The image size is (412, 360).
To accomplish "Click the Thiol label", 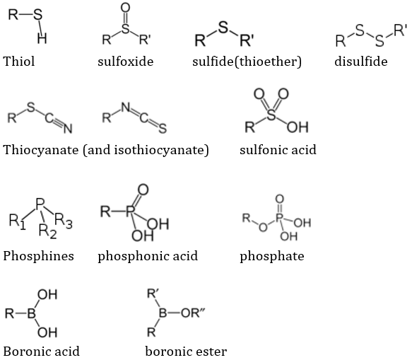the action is [19, 62].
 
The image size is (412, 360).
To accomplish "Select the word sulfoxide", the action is [126, 62].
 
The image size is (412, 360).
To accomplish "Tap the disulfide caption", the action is [361, 62].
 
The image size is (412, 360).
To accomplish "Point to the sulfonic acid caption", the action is [278, 150].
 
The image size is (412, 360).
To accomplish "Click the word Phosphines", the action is [39, 256].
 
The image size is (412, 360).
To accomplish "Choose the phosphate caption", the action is [272, 257].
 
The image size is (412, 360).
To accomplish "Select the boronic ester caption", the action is [186, 352].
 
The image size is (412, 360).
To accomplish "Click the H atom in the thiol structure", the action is [42, 38].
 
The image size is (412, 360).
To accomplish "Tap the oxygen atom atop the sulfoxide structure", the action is [126, 7].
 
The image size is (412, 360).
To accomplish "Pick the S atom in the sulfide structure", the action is [223, 27].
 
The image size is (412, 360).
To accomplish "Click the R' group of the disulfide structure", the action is [401, 30].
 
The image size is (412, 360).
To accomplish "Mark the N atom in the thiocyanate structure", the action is [68, 128].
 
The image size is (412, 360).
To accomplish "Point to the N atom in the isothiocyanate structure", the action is [126, 108].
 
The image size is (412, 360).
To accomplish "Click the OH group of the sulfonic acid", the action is [298, 127].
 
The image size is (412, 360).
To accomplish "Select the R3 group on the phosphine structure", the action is [64, 221].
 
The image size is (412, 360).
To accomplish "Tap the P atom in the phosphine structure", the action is [40, 204].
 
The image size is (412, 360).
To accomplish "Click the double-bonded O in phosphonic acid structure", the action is [143, 190].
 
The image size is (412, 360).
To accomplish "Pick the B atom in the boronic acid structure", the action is [32, 313].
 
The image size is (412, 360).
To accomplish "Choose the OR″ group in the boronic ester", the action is [193, 313].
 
